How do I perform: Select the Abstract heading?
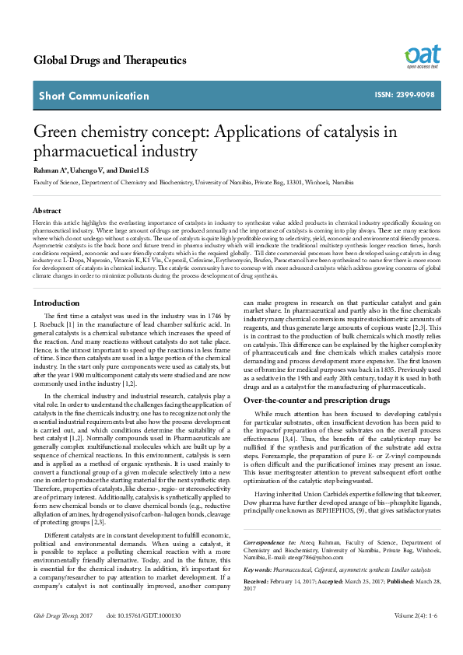[47, 211]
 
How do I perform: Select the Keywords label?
[258, 569]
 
